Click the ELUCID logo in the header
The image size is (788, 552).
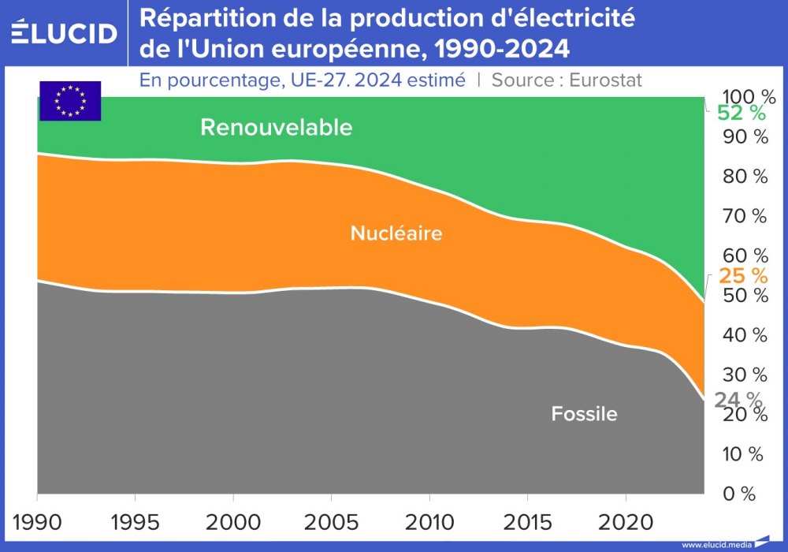[x=65, y=32]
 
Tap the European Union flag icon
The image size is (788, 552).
[x=70, y=101]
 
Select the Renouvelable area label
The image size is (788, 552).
[x=276, y=128]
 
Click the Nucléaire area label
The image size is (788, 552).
[x=396, y=233]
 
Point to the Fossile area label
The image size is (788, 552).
[x=584, y=413]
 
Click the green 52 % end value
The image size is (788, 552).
[x=741, y=114]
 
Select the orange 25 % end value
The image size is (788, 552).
[x=742, y=275]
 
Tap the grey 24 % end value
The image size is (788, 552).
[x=738, y=400]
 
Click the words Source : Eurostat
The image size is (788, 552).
[x=567, y=80]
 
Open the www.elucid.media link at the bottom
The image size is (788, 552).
[x=716, y=545]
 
